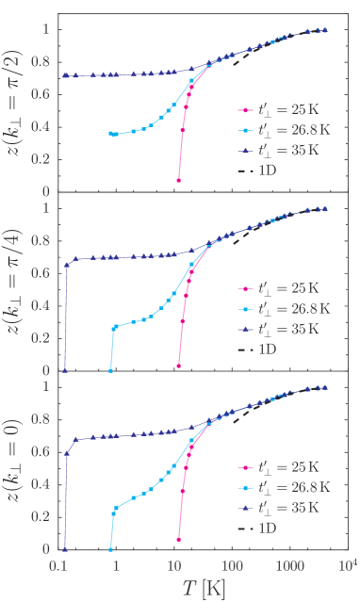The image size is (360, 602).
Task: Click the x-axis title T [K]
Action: pos(204,589)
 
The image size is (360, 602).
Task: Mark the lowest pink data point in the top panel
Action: pos(178,180)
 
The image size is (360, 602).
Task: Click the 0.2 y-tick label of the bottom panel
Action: pos(39,516)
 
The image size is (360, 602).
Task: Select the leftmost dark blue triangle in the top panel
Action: pos(65,74)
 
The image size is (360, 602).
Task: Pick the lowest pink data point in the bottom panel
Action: pos(178,540)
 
